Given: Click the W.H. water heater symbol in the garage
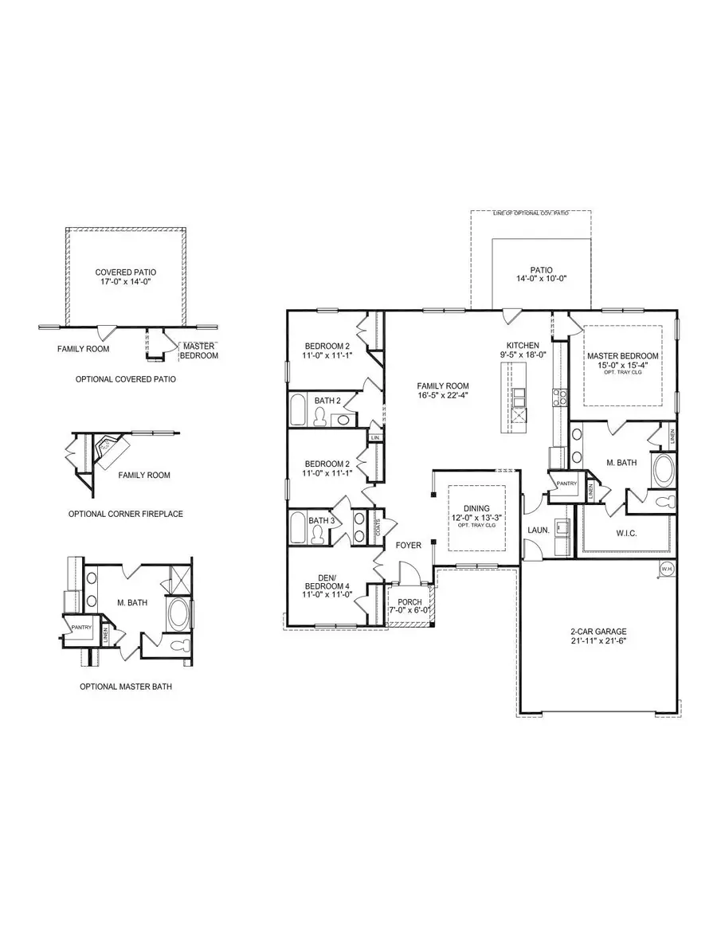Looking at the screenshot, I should [x=667, y=568].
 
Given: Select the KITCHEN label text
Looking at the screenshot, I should [x=525, y=345].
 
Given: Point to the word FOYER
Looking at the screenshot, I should [x=408, y=545].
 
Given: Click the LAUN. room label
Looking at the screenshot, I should [x=535, y=528].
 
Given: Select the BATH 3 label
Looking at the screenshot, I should [x=321, y=520].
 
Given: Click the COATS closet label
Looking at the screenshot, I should [x=378, y=526].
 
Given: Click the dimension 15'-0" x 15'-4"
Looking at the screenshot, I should [x=622, y=365].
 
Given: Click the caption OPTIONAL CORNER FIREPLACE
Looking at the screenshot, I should [x=125, y=514].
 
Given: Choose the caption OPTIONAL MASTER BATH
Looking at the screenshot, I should [x=125, y=685].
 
